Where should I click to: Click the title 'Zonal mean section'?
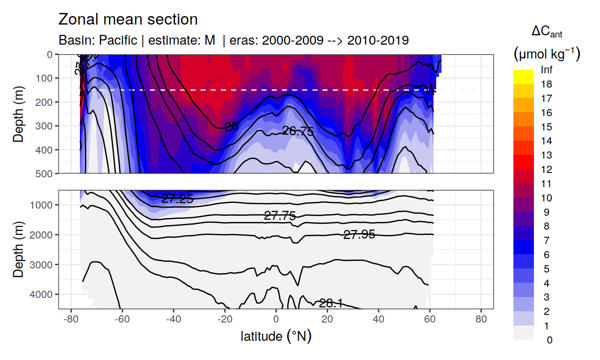tap(128, 20)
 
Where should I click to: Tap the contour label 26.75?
tap(298, 131)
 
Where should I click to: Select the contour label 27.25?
tap(177, 200)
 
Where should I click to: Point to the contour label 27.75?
tap(280, 216)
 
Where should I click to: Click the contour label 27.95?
tap(359, 234)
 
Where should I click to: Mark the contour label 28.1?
tap(330, 304)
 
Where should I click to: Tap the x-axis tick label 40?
tap(379, 320)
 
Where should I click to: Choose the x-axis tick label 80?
tap(481, 320)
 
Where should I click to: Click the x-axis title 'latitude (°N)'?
tap(276, 336)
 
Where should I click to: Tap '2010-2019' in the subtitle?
tap(378, 40)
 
